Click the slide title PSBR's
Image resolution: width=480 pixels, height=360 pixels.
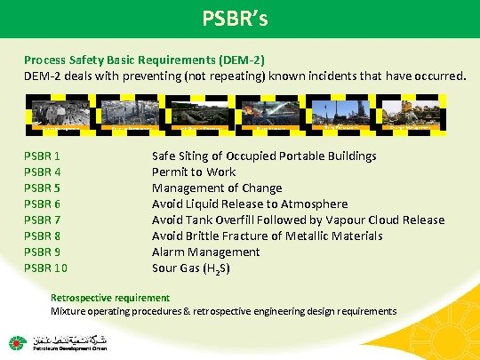(239, 18)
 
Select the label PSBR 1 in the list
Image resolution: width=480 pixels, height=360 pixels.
(43, 156)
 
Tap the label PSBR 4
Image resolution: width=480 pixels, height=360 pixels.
(43, 172)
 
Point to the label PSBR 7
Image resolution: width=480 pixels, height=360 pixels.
(43, 220)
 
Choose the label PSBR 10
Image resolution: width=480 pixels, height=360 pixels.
(46, 268)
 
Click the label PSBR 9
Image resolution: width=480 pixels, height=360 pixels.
(43, 252)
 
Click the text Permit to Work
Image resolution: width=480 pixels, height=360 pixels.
(194, 172)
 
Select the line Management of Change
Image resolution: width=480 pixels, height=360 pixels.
(217, 188)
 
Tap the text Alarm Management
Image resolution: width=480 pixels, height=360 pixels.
(206, 252)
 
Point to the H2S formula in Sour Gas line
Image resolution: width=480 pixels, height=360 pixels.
(217, 268)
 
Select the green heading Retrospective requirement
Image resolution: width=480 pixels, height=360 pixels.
(110, 298)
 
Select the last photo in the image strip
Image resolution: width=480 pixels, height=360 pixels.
(410, 114)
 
